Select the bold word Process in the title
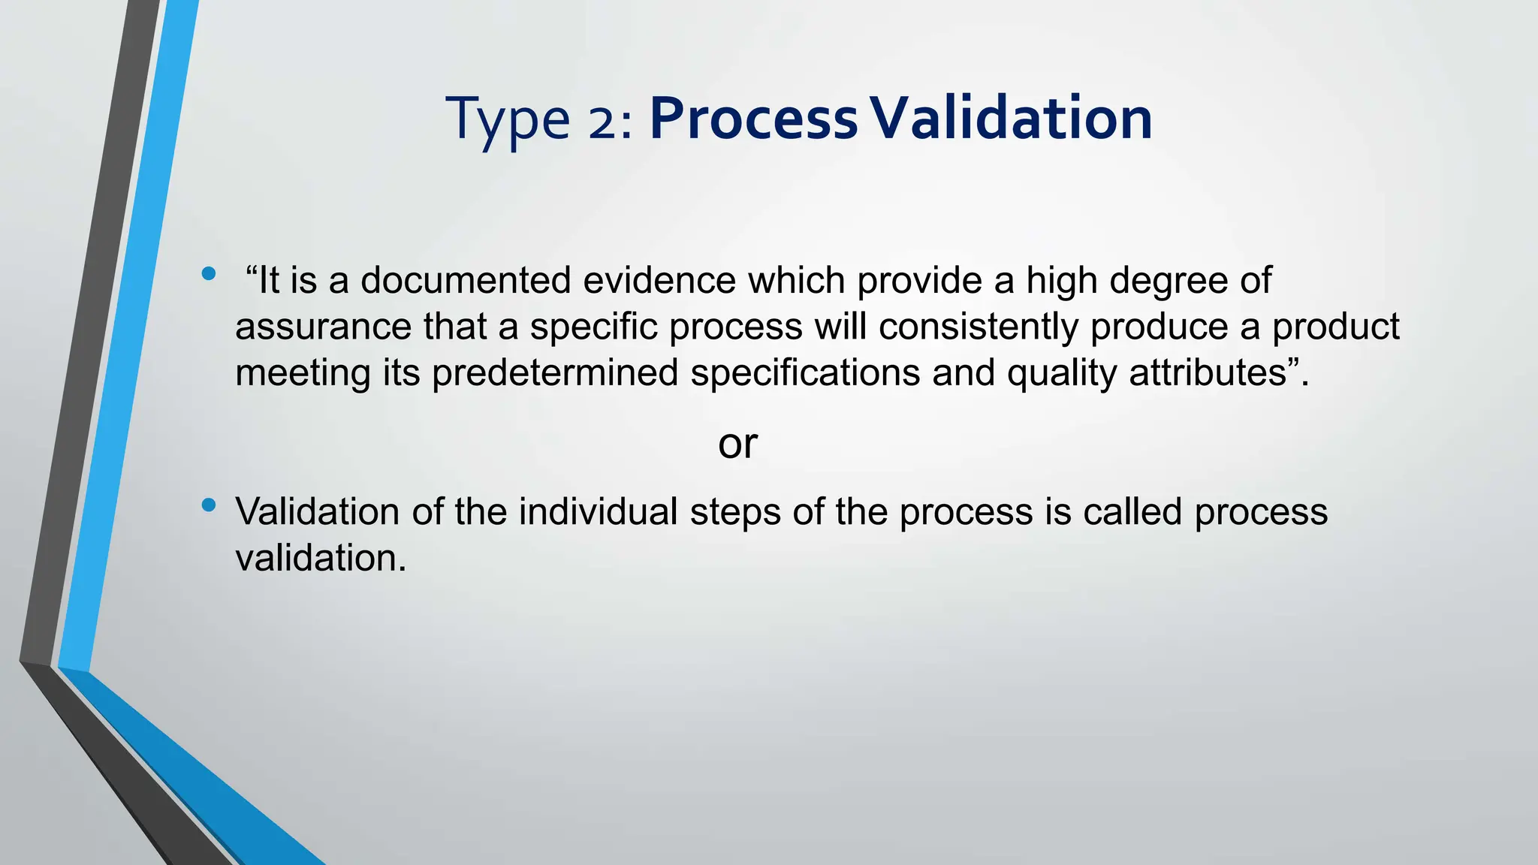point(753,119)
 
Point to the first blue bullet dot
point(209,274)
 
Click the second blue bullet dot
point(209,505)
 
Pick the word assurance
point(323,327)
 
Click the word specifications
point(805,373)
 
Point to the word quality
point(1062,373)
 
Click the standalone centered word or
point(737,445)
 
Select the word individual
point(598,511)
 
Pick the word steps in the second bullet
point(734,513)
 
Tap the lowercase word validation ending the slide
point(320,558)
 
